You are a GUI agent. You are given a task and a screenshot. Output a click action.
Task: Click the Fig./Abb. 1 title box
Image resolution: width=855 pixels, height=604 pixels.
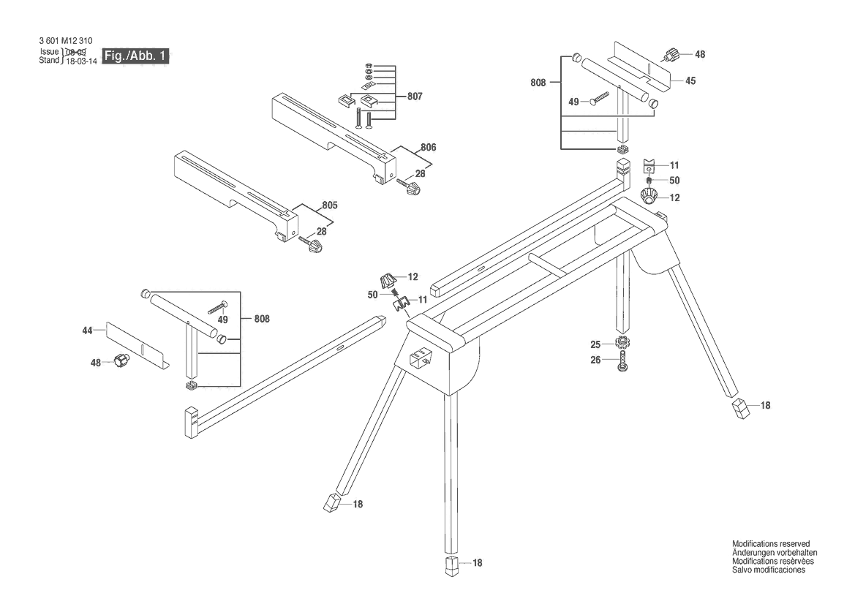[136, 56]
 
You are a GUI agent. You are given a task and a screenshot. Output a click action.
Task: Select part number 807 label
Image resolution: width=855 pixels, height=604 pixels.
[415, 97]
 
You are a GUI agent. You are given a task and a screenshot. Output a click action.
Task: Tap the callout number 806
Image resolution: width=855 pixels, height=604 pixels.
[429, 147]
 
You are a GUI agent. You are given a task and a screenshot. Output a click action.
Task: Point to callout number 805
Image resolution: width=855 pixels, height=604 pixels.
[330, 205]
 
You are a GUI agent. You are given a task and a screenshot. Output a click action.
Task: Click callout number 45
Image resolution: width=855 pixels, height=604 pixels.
[690, 80]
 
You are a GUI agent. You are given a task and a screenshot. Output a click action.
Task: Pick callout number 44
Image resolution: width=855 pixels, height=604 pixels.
[87, 331]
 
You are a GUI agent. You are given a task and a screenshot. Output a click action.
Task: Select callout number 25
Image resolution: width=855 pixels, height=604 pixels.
[595, 344]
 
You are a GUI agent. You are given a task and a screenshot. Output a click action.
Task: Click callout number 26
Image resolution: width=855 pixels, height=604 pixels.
[595, 360]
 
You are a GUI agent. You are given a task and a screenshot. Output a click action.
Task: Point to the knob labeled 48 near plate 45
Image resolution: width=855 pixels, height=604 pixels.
[670, 55]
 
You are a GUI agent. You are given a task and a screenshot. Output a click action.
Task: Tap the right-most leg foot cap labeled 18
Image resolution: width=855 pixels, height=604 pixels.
[740, 408]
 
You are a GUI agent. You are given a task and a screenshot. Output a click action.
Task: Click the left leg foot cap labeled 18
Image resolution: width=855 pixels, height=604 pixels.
[331, 502]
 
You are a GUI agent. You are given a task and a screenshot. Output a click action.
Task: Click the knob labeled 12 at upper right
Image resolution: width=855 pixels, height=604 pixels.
[649, 196]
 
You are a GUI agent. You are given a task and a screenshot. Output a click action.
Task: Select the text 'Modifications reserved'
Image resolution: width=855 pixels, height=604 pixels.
[770, 544]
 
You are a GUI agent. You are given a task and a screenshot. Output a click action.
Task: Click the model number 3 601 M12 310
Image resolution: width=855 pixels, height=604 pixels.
[66, 41]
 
